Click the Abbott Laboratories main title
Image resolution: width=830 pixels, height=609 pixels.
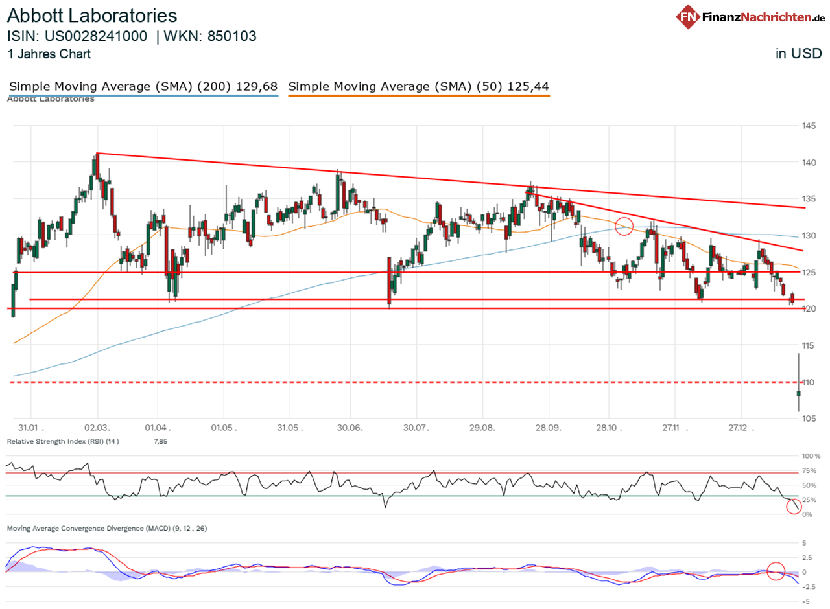[x=92, y=16]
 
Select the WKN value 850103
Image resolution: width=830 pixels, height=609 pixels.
[x=231, y=36]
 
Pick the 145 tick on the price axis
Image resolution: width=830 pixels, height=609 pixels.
[x=808, y=125]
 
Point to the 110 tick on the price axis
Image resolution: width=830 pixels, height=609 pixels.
[x=808, y=382]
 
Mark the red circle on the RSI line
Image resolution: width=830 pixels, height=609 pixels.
[x=794, y=507]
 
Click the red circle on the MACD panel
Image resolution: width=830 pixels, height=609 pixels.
[x=776, y=571]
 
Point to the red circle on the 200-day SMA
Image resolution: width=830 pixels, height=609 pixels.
[x=624, y=226]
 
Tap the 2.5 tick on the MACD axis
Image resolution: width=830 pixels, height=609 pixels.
[x=809, y=557]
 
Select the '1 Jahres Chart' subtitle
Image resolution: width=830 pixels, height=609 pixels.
[x=49, y=54]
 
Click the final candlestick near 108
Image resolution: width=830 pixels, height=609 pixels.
[x=799, y=393]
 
